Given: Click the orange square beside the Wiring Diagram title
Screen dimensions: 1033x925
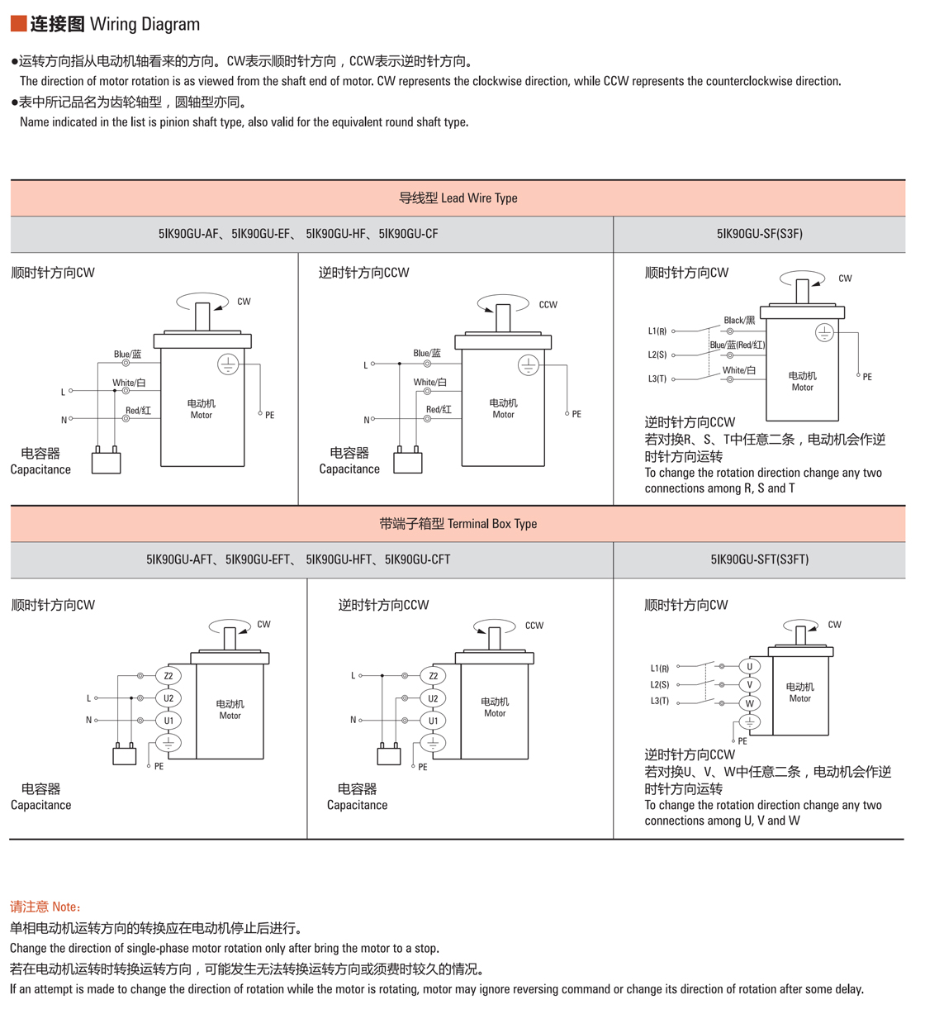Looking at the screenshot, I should (18, 23).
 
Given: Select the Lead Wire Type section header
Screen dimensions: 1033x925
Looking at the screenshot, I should (458, 198).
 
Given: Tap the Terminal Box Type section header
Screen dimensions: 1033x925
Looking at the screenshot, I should (458, 524).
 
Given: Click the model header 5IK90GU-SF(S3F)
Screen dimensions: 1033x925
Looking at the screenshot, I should (759, 234).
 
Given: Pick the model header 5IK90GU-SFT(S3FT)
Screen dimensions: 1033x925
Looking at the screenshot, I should (759, 559).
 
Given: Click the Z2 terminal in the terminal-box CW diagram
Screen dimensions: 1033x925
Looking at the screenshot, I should (168, 676).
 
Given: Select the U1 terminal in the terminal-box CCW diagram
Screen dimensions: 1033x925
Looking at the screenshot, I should (433, 721).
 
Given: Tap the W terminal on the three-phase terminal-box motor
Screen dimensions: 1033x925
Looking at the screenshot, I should (750, 703).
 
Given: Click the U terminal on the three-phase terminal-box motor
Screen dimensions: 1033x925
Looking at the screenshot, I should (750, 666).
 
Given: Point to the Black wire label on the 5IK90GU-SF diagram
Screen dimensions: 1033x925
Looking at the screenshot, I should (739, 320).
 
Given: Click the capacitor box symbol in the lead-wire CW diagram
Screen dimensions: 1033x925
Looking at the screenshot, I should (106, 461).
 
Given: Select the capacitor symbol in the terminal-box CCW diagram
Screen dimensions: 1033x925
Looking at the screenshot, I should (389, 754).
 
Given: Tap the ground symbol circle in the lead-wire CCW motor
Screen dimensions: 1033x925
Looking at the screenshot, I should (529, 364).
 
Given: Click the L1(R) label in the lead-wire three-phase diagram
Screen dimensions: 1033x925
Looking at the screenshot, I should (657, 331).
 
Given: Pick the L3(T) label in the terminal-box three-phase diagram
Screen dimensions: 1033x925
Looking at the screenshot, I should (659, 702).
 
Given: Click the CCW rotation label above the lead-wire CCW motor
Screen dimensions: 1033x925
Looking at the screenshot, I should (548, 305).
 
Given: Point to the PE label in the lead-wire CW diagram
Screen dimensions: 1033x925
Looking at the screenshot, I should (270, 416).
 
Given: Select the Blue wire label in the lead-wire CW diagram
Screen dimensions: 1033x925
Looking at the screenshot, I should (127, 355).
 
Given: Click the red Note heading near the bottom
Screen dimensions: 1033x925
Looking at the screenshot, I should (45, 907).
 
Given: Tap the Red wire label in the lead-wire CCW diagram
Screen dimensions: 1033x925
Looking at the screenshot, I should (439, 409).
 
